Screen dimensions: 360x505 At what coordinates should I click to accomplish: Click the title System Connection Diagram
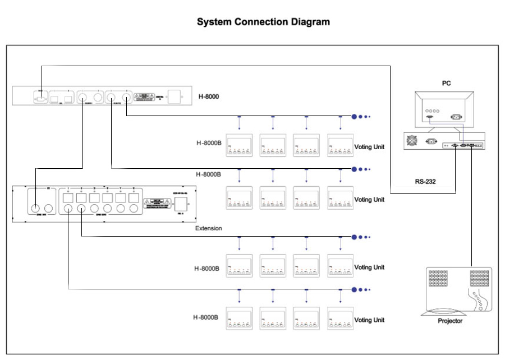click(263, 22)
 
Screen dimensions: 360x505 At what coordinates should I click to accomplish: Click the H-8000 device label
click(208, 96)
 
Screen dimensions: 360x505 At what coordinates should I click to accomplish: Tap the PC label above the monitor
click(446, 84)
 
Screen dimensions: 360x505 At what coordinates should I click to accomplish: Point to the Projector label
click(451, 321)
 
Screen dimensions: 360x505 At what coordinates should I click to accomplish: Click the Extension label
click(208, 228)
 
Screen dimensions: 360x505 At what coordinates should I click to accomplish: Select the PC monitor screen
click(447, 109)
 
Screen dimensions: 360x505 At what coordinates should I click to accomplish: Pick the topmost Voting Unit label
click(369, 147)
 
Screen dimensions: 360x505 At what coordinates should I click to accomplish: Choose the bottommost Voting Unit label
click(369, 320)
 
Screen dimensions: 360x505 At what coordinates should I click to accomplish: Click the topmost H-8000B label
click(208, 143)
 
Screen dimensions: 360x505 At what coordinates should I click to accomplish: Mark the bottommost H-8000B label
click(208, 318)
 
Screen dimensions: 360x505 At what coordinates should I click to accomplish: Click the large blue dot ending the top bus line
click(354, 117)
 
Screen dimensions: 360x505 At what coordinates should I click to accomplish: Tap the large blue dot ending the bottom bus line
click(354, 289)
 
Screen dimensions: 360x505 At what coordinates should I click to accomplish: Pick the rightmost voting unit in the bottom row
click(341, 318)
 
